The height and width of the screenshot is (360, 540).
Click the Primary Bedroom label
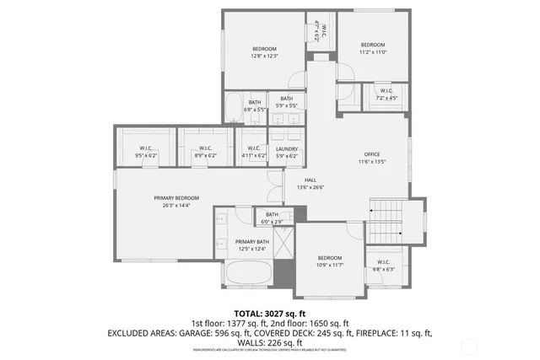click(x=175, y=197)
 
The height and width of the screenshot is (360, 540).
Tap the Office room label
click(x=372, y=154)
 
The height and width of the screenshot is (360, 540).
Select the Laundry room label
click(x=287, y=148)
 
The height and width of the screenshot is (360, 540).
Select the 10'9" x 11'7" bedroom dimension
click(x=329, y=265)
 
